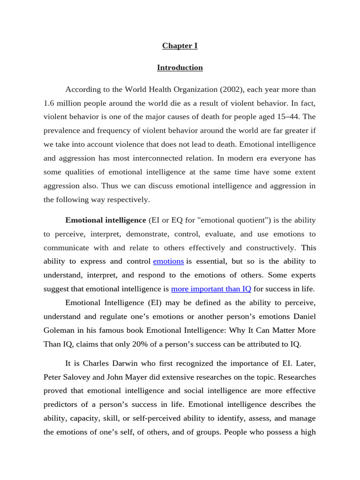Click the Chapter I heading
[x=180, y=45]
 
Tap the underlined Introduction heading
[x=180, y=67]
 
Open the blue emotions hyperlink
[x=168, y=261]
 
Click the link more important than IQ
[x=211, y=289]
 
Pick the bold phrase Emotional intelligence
[x=106, y=220]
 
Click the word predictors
[x=63, y=404]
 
